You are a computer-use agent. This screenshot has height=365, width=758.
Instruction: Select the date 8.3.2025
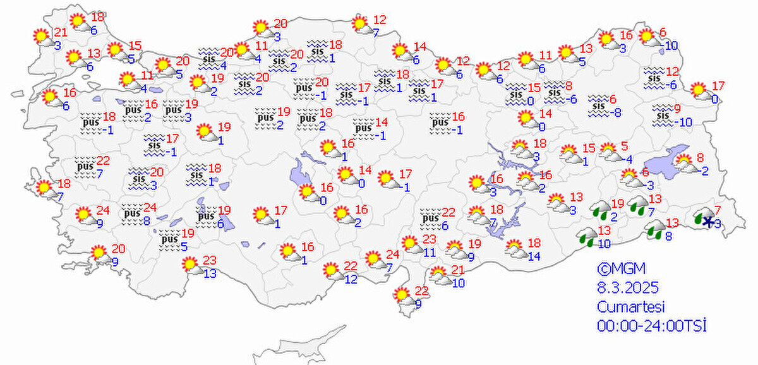click(628, 289)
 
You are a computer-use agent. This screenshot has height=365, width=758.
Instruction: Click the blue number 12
click(351, 278)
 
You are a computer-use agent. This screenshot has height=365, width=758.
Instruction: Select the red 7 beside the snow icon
click(718, 210)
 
